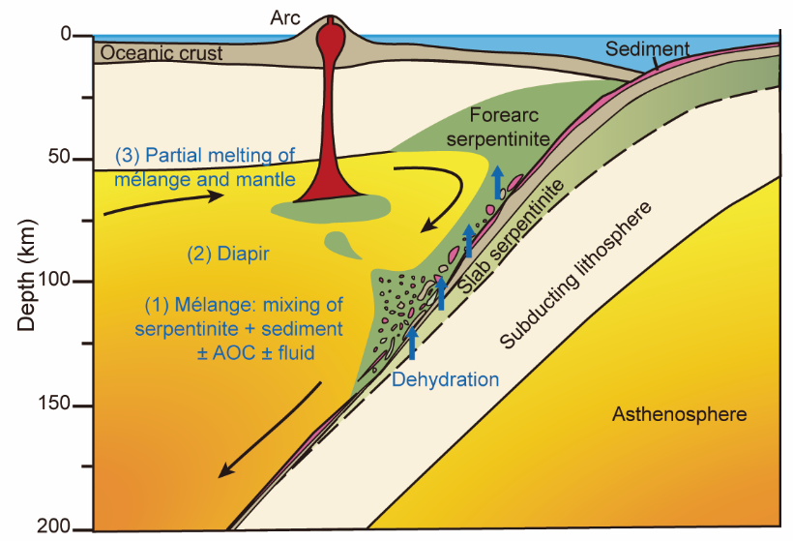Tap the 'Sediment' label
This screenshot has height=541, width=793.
click(648, 48)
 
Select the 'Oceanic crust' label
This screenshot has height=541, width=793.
click(162, 53)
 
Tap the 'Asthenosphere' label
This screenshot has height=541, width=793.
click(679, 415)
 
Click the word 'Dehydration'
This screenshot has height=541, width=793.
click(445, 379)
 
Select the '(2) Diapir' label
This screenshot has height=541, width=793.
click(226, 255)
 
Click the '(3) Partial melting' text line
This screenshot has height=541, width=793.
click(204, 156)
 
